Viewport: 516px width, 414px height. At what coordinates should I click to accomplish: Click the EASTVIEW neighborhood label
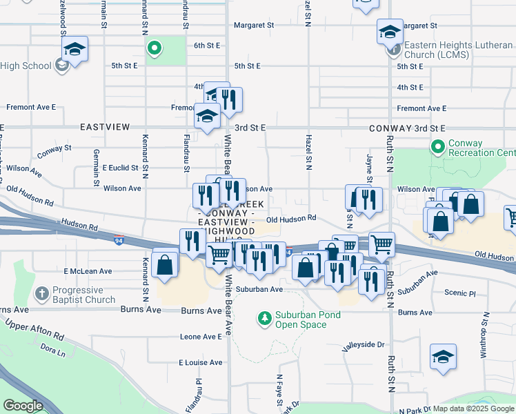coord(105,128)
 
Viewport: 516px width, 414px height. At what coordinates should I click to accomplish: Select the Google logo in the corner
coord(23,406)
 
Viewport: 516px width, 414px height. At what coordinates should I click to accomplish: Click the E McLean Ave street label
coord(88,271)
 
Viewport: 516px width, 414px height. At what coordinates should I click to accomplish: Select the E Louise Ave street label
coord(201,362)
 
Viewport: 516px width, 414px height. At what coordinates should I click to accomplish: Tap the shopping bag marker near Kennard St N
coord(166,265)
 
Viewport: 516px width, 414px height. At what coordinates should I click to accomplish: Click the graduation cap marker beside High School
coord(75,50)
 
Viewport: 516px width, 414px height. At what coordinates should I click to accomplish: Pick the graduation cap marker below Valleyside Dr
coord(443,357)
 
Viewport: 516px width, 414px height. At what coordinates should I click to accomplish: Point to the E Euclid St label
coord(121,168)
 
